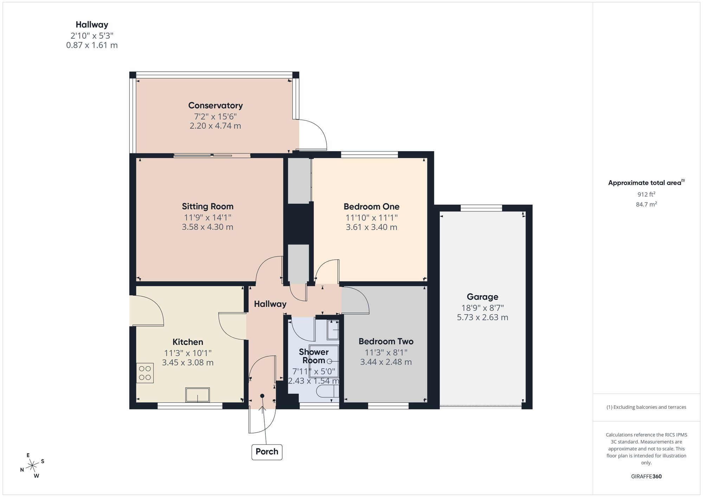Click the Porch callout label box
coord(267,452)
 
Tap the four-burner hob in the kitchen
coord(145,373)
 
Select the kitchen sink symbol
coord(198,395)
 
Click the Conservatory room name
coord(215,105)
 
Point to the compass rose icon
coord(32,466)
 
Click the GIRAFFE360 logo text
coord(646,477)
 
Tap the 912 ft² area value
coord(646,194)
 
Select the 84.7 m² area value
coord(646,204)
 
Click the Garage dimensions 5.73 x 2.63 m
coord(482,317)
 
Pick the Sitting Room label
coord(207,206)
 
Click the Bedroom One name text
coord(371,206)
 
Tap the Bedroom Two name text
coord(386,341)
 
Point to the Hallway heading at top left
coord(92,25)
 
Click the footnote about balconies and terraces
coord(646,407)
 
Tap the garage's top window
coord(481,208)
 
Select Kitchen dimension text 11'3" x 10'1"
coord(188,353)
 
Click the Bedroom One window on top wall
coord(369,155)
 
